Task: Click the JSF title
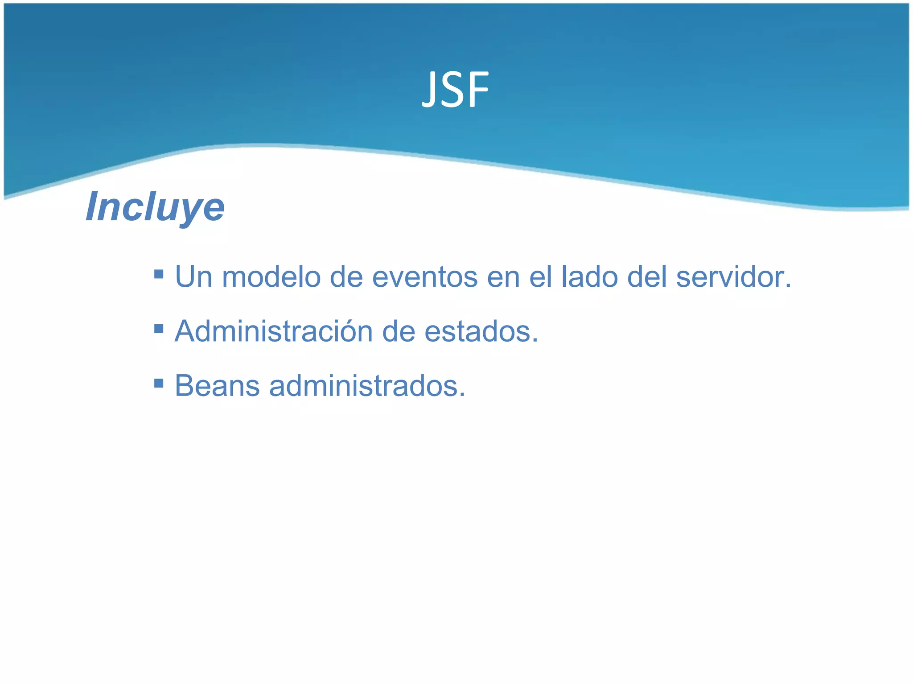click(x=455, y=91)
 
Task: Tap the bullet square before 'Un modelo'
click(x=159, y=273)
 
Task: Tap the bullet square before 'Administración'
click(x=159, y=329)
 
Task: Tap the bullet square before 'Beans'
click(x=159, y=383)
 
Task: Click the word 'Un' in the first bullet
click(x=193, y=277)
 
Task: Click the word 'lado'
click(x=589, y=277)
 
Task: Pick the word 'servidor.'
click(x=733, y=277)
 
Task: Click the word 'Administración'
click(x=273, y=332)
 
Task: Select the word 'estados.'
click(x=481, y=332)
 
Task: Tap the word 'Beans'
click(x=217, y=386)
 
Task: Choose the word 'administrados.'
click(x=367, y=386)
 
